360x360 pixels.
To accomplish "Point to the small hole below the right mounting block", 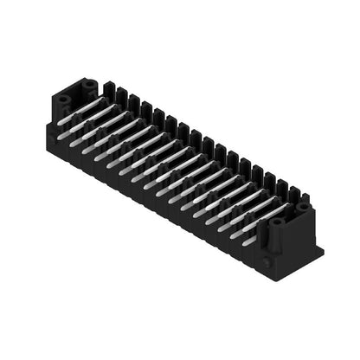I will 268,258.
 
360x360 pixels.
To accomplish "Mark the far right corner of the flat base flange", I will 323,251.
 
